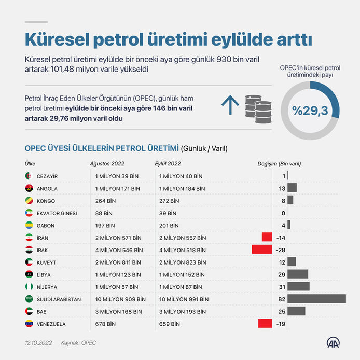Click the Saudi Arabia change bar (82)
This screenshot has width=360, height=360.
pyautogui.click(x=316, y=299)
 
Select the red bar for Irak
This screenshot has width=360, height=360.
pyautogui.click(x=262, y=250)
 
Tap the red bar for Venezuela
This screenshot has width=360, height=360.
pyautogui.click(x=265, y=323)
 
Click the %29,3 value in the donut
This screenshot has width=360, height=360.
pyautogui.click(x=310, y=110)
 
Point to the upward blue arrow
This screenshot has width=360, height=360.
pyautogui.click(x=230, y=105)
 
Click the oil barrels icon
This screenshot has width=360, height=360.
pyautogui.click(x=258, y=109)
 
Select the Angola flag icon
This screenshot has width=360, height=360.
pyautogui.click(x=29, y=188)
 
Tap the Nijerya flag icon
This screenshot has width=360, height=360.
pyautogui.click(x=29, y=287)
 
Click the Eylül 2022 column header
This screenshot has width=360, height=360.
pyautogui.click(x=168, y=164)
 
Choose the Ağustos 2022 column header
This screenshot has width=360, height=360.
pyautogui.click(x=107, y=164)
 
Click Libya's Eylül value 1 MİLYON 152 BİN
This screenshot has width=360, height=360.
pyautogui.click(x=182, y=274)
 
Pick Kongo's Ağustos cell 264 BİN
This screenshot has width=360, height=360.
pyautogui.click(x=106, y=201)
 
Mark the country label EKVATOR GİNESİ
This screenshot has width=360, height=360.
pyautogui.click(x=57, y=213)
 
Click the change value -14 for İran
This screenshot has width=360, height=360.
pyautogui.click(x=281, y=238)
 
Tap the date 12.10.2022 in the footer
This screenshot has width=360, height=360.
pyautogui.click(x=38, y=343)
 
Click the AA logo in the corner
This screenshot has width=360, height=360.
pyautogui.click(x=333, y=342)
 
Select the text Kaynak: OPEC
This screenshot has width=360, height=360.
pyautogui.click(x=78, y=343)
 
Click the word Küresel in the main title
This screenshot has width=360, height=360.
pyautogui.click(x=57, y=39)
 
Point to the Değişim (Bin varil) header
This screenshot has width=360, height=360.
pyautogui.click(x=279, y=164)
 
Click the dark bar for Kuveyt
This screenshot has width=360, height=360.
pyautogui.click(x=292, y=262)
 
